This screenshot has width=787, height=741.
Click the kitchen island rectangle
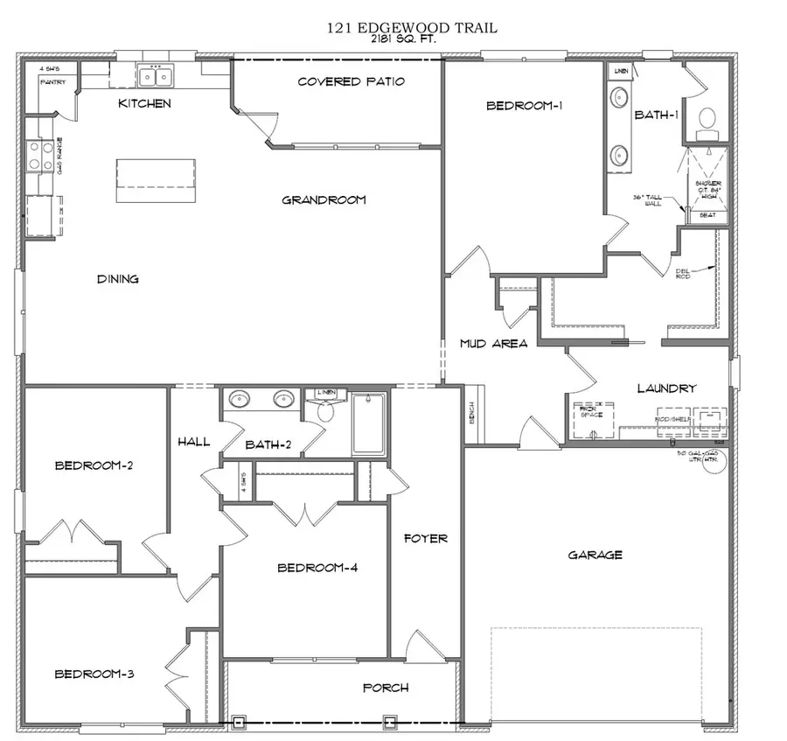coord(155,181)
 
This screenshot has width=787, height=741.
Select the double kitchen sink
coord(155,77)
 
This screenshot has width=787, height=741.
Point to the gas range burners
coord(38,157)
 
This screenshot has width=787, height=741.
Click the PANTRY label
coord(52,82)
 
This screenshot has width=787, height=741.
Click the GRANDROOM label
coord(324,200)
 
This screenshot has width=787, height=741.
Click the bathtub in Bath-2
coord(368,424)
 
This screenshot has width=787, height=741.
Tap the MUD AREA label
coord(493,344)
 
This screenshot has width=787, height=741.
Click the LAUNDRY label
coord(665,388)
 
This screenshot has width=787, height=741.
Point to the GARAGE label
coord(595,555)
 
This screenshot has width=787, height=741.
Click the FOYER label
coord(425,538)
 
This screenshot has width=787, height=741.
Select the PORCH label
coord(386,688)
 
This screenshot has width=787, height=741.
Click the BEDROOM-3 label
coord(94,674)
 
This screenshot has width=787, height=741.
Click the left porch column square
coord(237,722)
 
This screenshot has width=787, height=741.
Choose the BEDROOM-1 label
coord(524,106)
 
